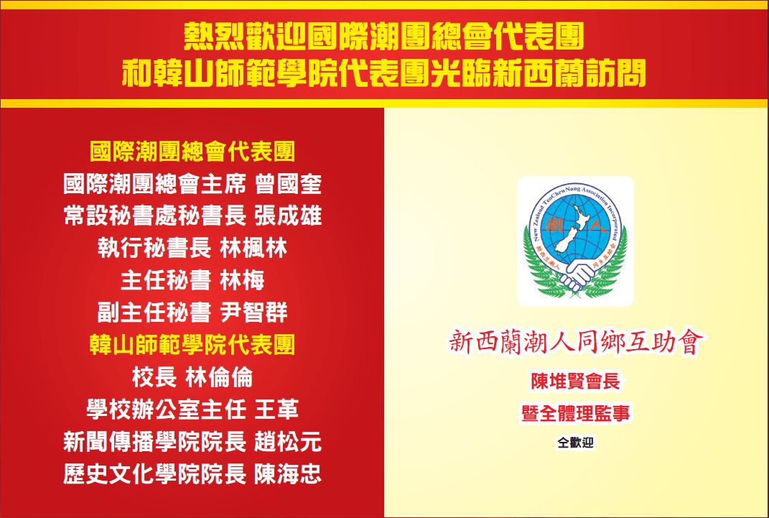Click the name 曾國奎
pos(289,185)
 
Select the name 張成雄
pos(289,216)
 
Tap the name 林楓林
pos(253,248)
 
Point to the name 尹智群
pos(253,313)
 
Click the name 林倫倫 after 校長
pos(219,377)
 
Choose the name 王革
pos(276,410)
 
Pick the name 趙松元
pos(289,442)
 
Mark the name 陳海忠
pos(289,474)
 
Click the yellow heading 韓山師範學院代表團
pos(192,345)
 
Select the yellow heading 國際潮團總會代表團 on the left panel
pos(192,152)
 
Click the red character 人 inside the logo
pos(600,226)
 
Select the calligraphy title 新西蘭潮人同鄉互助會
pos(576,341)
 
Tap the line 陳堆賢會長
pos(576,381)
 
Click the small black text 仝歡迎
pos(576,443)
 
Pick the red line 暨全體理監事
pos(576,412)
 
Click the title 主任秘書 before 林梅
pos(166,281)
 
